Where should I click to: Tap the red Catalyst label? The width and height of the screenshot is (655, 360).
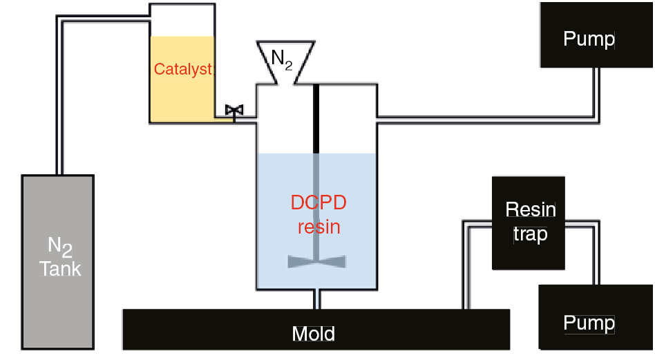pyautogui.click(x=183, y=69)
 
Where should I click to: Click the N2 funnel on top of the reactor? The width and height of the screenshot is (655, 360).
pyautogui.click(x=282, y=62)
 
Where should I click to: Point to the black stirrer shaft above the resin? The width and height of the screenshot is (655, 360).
pyautogui.click(x=317, y=117)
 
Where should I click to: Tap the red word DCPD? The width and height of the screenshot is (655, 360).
pyautogui.click(x=318, y=203)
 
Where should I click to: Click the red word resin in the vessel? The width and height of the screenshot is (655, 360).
pyautogui.click(x=319, y=226)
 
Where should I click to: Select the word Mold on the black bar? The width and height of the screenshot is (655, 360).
pyautogui.click(x=313, y=334)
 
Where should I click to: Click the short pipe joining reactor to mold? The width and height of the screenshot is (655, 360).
pyautogui.click(x=317, y=299)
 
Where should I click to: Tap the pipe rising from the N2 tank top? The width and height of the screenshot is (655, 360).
pyautogui.click(x=61, y=97)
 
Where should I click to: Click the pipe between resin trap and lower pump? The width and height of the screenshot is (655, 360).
pyautogui.click(x=592, y=256)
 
